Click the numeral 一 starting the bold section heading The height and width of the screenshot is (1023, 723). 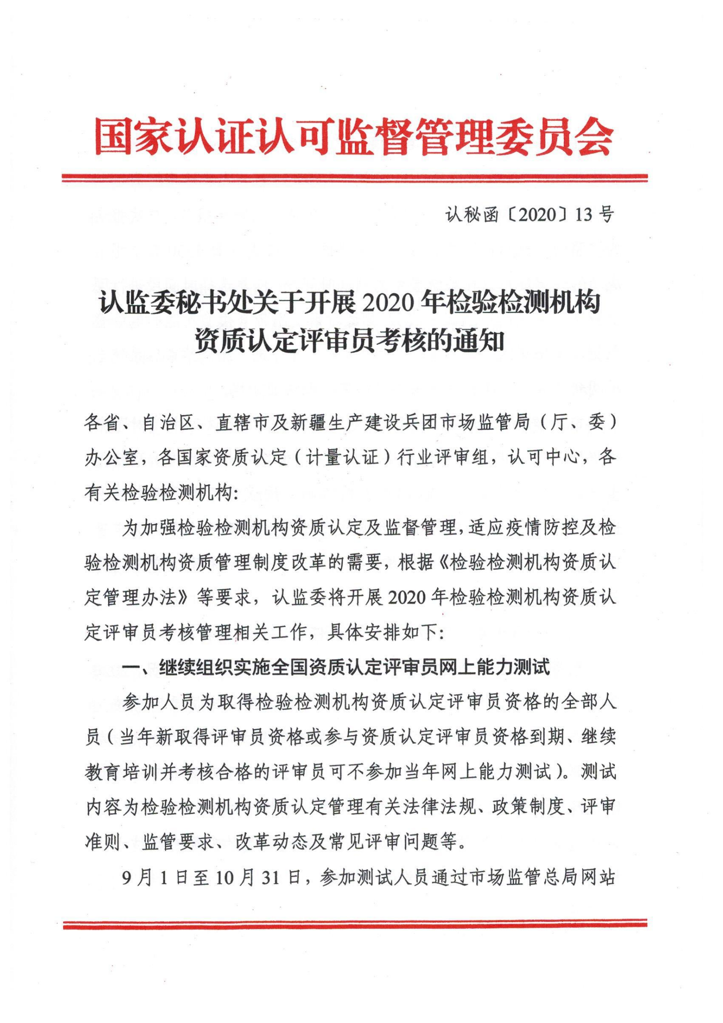[131, 668]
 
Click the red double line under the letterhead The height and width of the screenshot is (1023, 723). [354, 178]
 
